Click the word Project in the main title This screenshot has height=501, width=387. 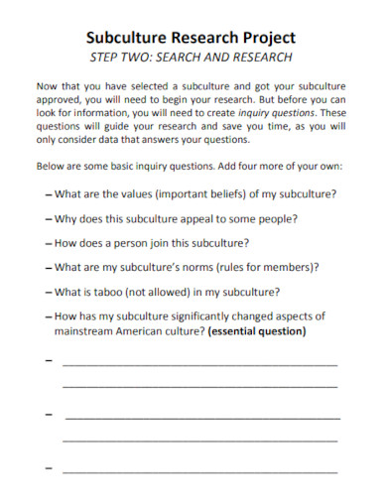pyautogui.click(x=265, y=38)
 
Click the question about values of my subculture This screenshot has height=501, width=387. pyautogui.click(x=194, y=192)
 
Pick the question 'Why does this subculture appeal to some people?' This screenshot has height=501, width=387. pyautogui.click(x=178, y=217)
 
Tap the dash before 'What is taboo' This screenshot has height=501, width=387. pyautogui.click(x=49, y=292)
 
